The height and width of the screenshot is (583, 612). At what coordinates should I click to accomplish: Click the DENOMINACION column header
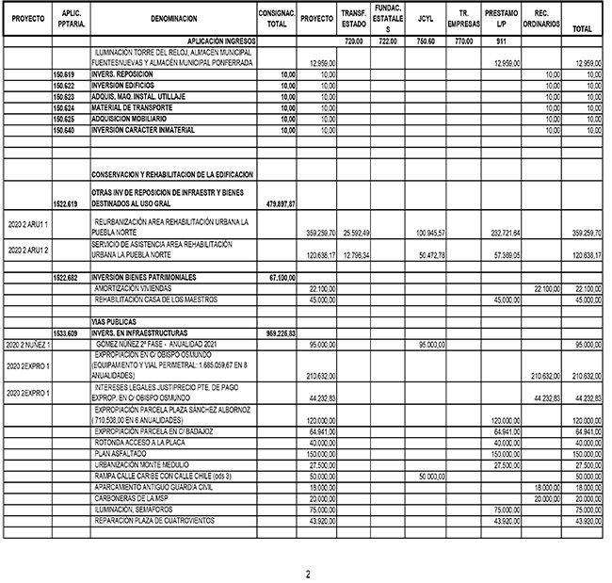click(x=173, y=19)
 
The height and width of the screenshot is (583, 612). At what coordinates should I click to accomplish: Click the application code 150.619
click(x=65, y=73)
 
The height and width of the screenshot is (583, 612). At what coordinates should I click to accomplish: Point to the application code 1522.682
click(x=65, y=278)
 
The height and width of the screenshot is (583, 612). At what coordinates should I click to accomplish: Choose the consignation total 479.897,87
click(x=279, y=203)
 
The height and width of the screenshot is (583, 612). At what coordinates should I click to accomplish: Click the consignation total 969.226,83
click(x=279, y=332)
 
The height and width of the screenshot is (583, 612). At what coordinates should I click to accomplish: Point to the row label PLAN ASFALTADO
click(x=119, y=453)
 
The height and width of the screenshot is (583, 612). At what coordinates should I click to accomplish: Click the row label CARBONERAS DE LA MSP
click(x=133, y=497)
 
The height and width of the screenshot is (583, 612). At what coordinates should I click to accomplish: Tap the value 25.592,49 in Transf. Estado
click(x=355, y=232)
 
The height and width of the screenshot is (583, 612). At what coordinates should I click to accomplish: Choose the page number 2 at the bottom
click(x=307, y=573)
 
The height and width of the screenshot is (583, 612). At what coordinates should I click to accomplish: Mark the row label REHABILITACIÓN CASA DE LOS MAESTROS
click(x=155, y=300)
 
